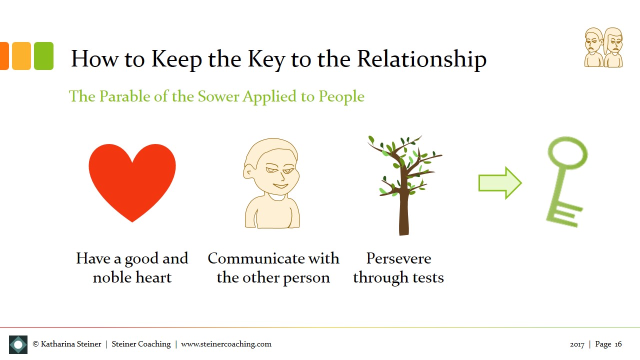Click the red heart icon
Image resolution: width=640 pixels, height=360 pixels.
[132, 180]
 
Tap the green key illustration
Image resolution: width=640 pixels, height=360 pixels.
[565, 180]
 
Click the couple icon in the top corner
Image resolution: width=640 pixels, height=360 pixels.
[604, 47]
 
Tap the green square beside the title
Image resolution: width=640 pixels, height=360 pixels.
[43, 56]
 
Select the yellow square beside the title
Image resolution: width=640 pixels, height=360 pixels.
[21, 56]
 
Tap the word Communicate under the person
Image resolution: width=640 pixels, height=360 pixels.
[256, 258]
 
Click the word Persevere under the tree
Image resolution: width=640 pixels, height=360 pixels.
[398, 258]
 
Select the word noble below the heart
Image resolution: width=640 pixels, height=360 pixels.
[113, 277]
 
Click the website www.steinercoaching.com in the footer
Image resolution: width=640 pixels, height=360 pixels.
[226, 344]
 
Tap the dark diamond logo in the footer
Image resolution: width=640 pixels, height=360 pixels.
[18, 344]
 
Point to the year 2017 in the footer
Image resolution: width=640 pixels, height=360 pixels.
[577, 344]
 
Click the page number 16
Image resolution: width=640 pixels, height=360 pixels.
[618, 344]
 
